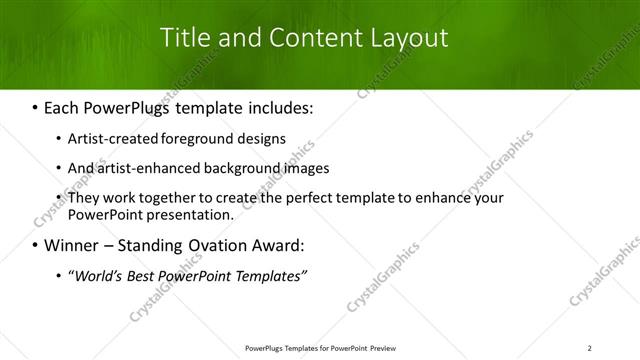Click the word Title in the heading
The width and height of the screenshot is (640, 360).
point(187,39)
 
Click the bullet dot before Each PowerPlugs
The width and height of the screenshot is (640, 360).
point(36,105)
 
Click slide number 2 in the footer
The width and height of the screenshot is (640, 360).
point(590,348)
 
